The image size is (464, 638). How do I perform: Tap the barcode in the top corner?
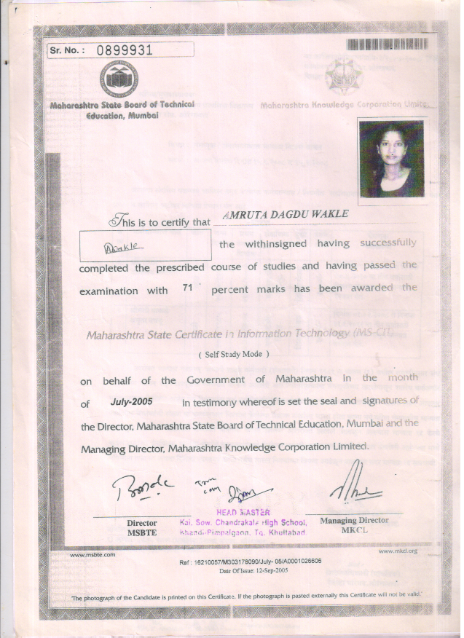(387, 43)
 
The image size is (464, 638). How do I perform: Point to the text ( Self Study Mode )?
(233, 353)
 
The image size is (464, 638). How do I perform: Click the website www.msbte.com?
(93, 554)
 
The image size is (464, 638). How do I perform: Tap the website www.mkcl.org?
(398, 551)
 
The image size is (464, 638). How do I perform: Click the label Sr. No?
(67, 50)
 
